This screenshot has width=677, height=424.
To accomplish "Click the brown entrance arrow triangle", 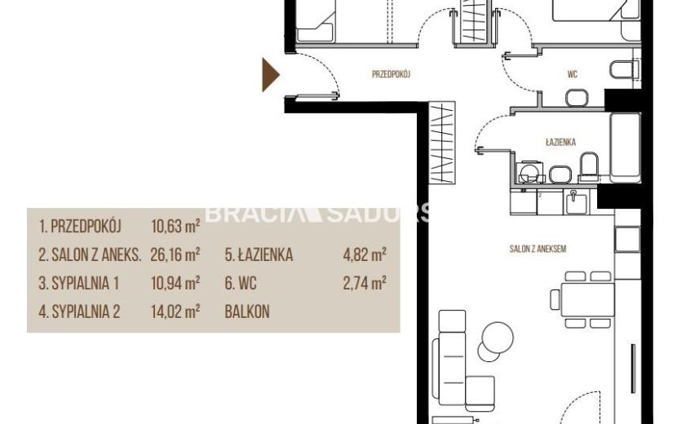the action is point(270,75).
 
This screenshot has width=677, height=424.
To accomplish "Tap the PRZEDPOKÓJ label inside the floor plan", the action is point(392,74).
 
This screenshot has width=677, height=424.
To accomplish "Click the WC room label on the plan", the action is point(573,75).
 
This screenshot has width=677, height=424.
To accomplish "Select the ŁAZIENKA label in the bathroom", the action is point(561,142).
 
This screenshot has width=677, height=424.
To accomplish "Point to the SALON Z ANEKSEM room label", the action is point(538,250).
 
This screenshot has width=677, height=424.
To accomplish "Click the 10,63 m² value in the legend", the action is point(175,226).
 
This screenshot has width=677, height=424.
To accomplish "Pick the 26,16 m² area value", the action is point(175,254).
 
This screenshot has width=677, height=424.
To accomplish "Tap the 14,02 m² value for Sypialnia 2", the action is point(175,311).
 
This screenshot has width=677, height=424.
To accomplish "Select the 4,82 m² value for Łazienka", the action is point(365,254).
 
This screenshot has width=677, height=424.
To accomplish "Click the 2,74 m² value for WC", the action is point(365,283).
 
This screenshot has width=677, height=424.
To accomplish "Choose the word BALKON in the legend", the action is point(247,311).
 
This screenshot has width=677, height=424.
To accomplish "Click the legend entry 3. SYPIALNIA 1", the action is point(78,283).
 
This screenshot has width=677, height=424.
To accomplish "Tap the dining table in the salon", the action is point(587,299).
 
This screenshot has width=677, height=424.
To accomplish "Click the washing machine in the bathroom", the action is point(529,172).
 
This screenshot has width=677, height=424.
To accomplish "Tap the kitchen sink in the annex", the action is point(575,202).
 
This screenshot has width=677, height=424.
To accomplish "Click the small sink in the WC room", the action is point(577,98).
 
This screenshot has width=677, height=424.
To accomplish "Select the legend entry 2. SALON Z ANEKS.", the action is point(90,254).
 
